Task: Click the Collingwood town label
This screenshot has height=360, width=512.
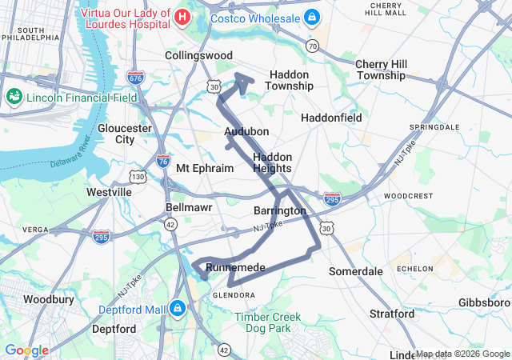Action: pos(198,55)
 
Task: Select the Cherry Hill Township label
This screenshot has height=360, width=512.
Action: pos(380,70)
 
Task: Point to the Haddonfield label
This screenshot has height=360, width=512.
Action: pos(331,118)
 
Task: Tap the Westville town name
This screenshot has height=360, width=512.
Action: pos(109,192)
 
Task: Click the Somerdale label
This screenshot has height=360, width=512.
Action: pos(356,272)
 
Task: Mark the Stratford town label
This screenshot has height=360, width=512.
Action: pos(392,314)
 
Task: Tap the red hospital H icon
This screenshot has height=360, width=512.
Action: pos(182,16)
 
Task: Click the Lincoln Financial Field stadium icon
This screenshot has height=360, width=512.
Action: pos(14,97)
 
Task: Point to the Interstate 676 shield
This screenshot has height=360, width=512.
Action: pos(135,78)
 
